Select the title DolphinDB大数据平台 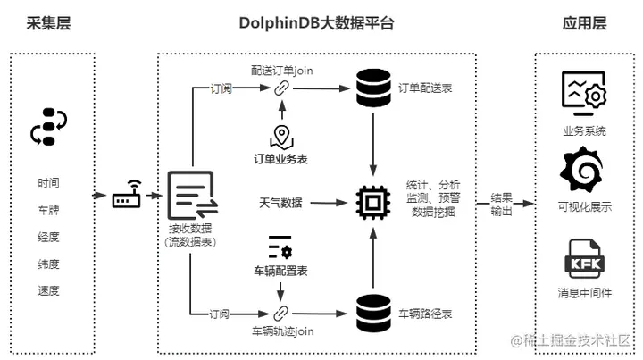[x=316, y=23]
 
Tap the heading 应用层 [x=585, y=23]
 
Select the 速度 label [x=49, y=291]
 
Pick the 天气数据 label [x=280, y=204]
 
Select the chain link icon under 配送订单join [x=282, y=88]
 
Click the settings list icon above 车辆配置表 [x=281, y=243]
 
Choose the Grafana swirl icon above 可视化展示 [x=584, y=172]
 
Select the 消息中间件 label [x=584, y=295]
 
